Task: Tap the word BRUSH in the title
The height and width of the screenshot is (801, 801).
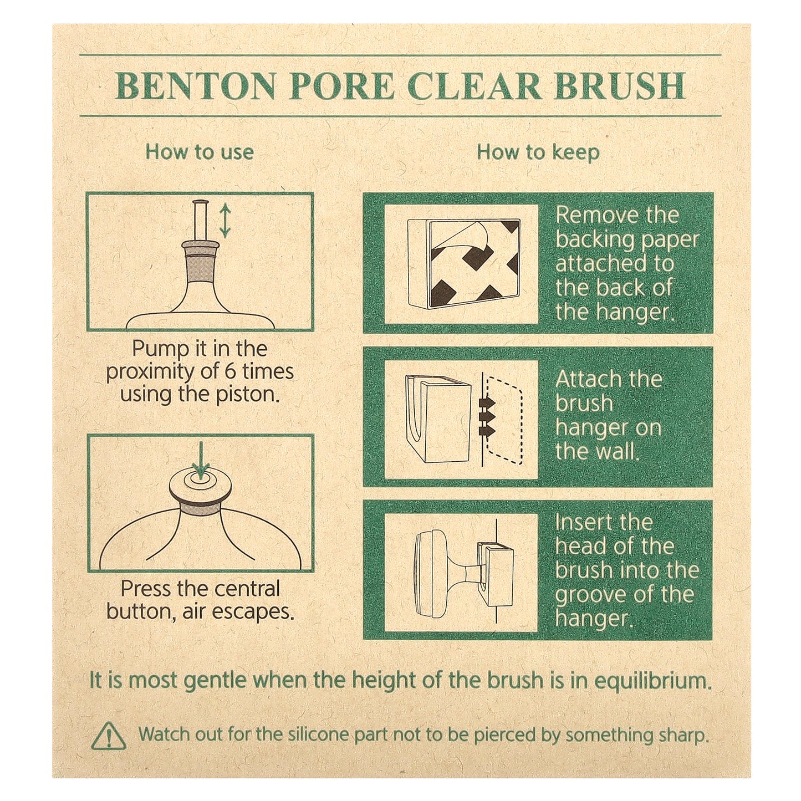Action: click(x=619, y=86)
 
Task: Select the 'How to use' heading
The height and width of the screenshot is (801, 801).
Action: click(x=200, y=152)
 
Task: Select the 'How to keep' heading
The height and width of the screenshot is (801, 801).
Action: click(x=538, y=152)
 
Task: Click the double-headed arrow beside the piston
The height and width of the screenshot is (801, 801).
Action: click(x=225, y=221)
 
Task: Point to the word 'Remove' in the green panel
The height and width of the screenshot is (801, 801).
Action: click(x=589, y=215)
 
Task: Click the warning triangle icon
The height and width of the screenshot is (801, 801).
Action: click(x=109, y=736)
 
